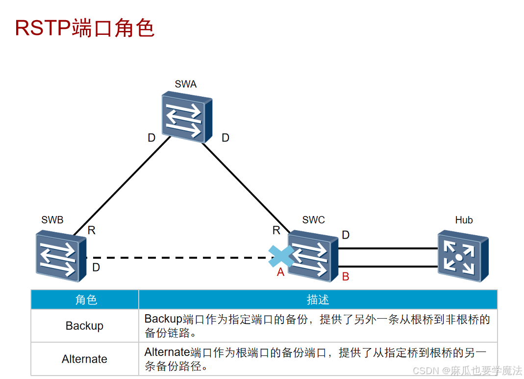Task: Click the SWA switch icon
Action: [x=187, y=117]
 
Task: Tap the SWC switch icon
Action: [x=313, y=256]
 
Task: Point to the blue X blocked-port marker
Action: [x=281, y=257]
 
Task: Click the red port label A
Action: [x=280, y=272]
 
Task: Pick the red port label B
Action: [x=346, y=277]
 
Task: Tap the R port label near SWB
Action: [x=92, y=230]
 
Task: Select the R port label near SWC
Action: [x=276, y=230]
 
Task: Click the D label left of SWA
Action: [x=151, y=138]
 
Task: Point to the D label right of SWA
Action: [x=225, y=138]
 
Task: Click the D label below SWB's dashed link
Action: [x=96, y=268]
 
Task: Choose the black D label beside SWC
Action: [x=346, y=235]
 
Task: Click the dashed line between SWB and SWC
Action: [x=176, y=257]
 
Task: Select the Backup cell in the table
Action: [x=84, y=326]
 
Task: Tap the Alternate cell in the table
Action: [x=84, y=359]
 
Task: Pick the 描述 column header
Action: [x=318, y=299]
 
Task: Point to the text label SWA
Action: [x=186, y=84]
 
